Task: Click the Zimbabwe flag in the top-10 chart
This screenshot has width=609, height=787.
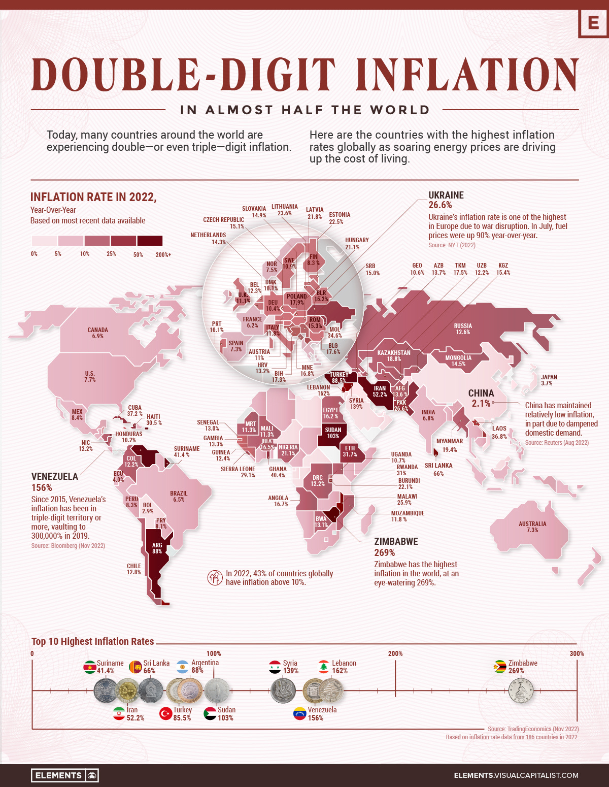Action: click(x=500, y=667)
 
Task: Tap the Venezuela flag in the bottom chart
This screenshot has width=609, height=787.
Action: click(x=300, y=713)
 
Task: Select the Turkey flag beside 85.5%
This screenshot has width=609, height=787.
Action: click(x=166, y=713)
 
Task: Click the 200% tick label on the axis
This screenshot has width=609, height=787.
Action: click(x=395, y=653)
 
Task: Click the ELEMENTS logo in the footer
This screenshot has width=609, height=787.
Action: click(x=64, y=775)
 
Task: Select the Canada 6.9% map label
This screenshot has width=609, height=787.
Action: click(x=97, y=333)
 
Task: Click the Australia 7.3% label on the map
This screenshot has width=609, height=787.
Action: click(x=532, y=527)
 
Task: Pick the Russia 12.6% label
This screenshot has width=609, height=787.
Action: click(x=463, y=329)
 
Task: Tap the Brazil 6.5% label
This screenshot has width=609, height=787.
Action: click(x=179, y=496)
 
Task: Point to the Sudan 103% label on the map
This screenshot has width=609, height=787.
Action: click(x=333, y=433)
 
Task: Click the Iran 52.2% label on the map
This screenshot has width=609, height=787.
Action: click(x=380, y=391)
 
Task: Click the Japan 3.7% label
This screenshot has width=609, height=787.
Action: click(x=549, y=380)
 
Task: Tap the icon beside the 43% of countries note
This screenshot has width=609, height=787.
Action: click(x=215, y=578)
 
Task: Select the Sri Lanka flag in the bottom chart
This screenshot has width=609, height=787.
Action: click(x=135, y=667)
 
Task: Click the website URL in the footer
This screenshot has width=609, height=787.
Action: click(x=516, y=775)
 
